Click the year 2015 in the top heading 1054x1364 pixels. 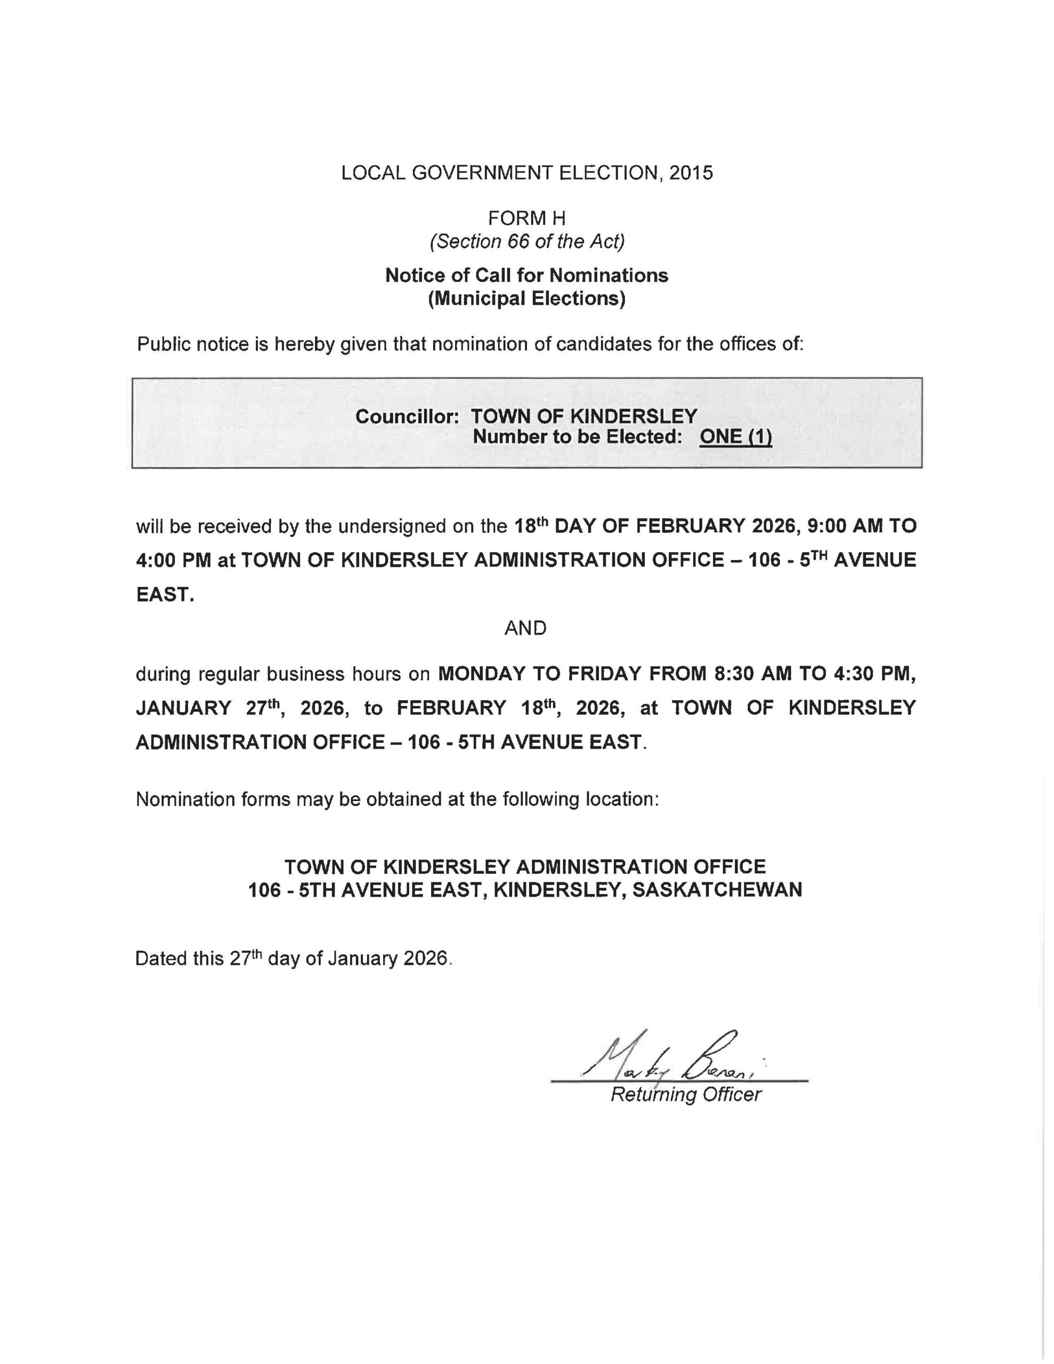(x=691, y=173)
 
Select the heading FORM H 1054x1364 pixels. (x=526, y=218)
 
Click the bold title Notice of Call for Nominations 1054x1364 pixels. (x=526, y=275)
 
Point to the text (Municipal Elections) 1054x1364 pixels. (x=526, y=298)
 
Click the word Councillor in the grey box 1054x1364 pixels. (x=407, y=416)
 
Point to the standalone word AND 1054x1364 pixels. (x=525, y=628)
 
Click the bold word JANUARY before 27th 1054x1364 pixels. (x=184, y=708)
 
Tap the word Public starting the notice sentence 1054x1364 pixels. (x=164, y=344)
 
